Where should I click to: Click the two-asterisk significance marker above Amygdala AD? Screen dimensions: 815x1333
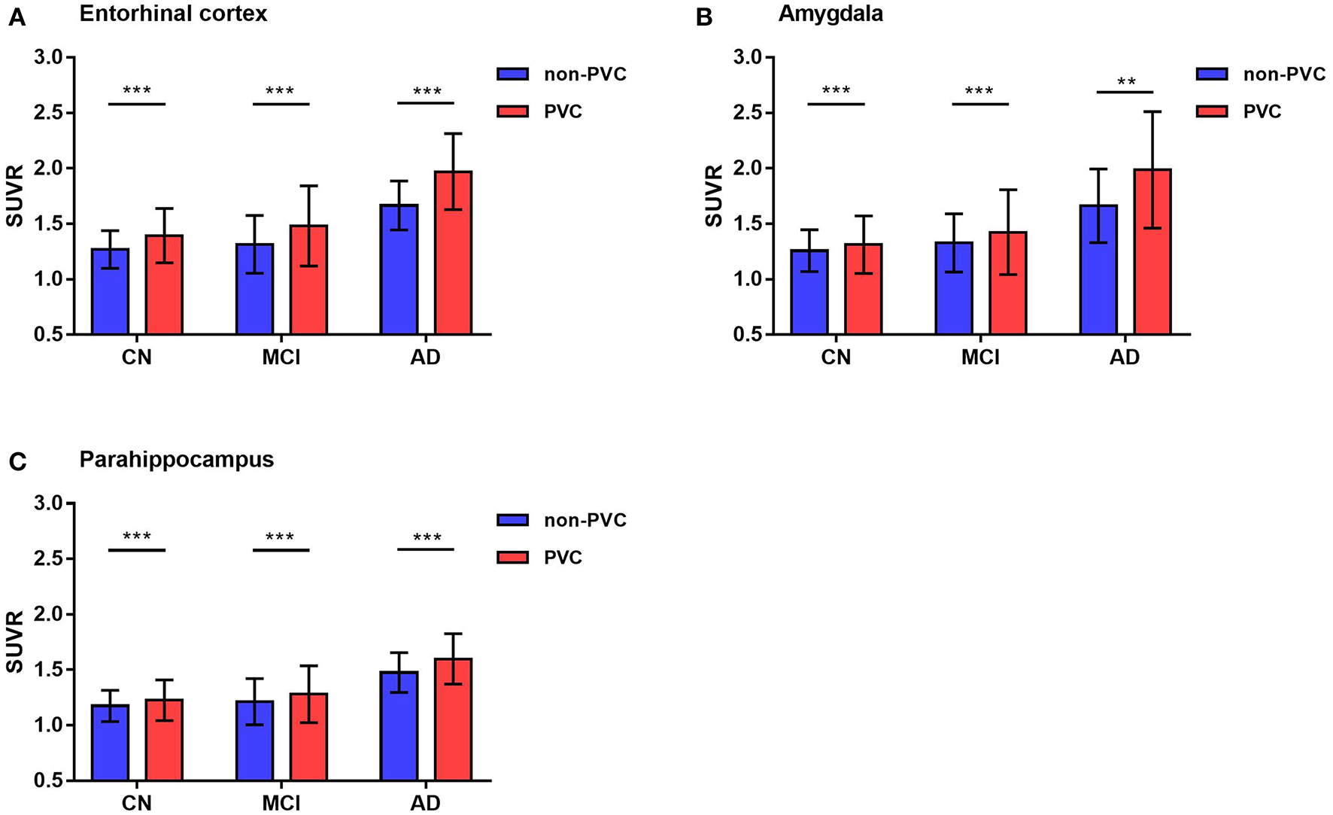click(x=1126, y=82)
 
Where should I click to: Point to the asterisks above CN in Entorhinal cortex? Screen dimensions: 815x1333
click(x=137, y=91)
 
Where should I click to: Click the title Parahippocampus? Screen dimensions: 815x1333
click(x=177, y=459)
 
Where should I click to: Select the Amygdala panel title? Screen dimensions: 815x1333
click(x=830, y=14)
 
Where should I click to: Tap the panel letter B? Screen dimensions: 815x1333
click(x=704, y=17)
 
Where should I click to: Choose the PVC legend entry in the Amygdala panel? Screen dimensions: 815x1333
click(x=1262, y=111)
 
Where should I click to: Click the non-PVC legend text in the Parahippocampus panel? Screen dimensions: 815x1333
click(x=585, y=520)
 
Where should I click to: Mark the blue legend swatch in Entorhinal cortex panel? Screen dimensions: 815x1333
click(x=512, y=74)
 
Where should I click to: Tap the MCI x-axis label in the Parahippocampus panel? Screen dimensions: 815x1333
click(x=281, y=802)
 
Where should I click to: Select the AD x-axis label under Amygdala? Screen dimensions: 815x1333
click(x=1125, y=357)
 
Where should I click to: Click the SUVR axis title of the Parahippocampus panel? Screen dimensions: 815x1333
click(x=15, y=642)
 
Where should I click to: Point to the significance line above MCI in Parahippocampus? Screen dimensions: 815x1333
click(x=281, y=550)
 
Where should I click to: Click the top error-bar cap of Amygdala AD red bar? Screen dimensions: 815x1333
click(x=1152, y=112)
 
